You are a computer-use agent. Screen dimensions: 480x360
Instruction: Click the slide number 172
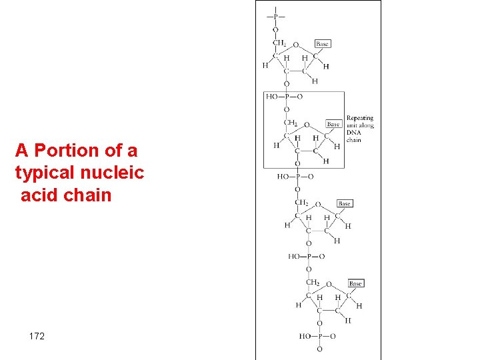point(37,336)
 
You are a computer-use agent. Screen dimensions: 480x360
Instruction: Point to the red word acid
point(40,196)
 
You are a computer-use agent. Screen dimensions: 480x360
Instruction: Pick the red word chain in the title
point(87,196)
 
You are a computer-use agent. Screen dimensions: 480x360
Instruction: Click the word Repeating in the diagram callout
point(359,118)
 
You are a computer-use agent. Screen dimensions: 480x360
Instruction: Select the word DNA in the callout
point(353,133)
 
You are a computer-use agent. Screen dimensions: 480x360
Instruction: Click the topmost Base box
point(321,44)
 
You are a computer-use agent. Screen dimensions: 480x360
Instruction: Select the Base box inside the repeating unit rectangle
point(333,124)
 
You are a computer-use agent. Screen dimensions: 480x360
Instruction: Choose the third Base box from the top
point(344,203)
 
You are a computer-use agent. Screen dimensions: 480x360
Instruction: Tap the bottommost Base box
point(355,283)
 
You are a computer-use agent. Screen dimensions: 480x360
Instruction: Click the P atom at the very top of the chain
point(275,15)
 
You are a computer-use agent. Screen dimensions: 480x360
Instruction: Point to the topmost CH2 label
point(279,43)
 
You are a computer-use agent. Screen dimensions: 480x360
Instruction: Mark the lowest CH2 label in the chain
point(313,283)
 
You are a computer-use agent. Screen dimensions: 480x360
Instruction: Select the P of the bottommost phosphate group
point(319,337)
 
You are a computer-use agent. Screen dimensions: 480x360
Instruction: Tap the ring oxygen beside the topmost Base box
point(296,45)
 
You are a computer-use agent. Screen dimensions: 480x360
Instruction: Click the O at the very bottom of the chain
point(319,349)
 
